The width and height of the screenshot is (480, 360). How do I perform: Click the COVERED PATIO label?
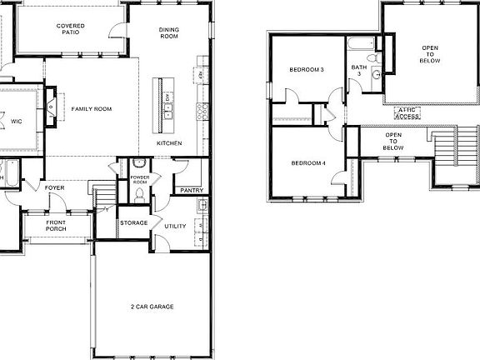tap(70, 31)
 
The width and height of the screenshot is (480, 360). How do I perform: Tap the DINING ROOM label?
tap(169, 33)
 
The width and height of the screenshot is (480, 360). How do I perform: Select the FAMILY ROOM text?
tap(92, 109)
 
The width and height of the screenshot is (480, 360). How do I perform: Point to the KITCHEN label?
tap(169, 143)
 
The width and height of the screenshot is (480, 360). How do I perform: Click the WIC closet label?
tap(17, 122)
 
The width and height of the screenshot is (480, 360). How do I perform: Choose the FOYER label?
tap(55, 187)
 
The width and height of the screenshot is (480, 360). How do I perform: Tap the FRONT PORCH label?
tap(56, 225)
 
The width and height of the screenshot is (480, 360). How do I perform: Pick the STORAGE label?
tap(133, 222)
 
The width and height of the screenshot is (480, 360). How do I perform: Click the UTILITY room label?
tap(175, 226)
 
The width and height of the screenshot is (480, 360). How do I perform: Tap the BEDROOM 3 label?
tap(307, 70)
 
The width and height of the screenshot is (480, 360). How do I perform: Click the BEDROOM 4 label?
tap(307, 162)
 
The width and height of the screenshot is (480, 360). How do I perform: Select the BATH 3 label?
tap(358, 71)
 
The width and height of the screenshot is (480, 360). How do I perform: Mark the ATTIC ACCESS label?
tap(407, 112)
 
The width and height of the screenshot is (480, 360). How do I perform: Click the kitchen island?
tap(157, 104)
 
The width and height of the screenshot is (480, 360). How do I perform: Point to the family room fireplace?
tap(53, 106)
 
